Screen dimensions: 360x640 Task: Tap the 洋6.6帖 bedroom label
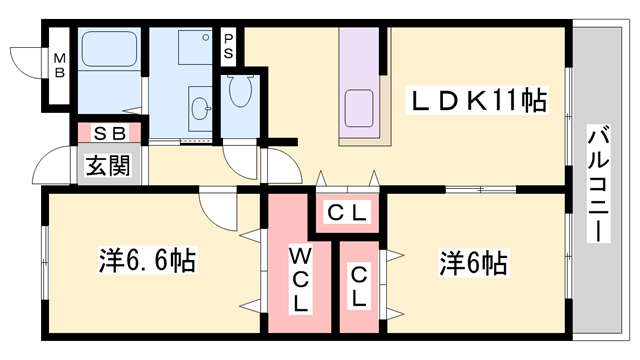146,262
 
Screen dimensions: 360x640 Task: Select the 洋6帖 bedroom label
473,263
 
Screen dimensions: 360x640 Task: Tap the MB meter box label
60,63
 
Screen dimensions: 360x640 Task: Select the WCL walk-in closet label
300,280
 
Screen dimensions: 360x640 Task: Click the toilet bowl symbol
241,90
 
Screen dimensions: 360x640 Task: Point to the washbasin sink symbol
200,108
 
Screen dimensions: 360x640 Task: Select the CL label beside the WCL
359,285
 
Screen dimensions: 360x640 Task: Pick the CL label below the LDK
349,213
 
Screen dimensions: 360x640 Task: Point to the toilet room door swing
240,160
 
